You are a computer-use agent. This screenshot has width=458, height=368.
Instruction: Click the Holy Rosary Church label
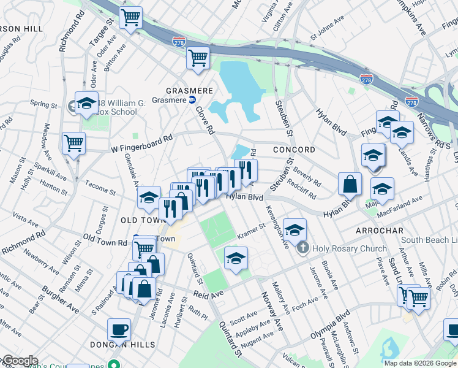pyautogui.click(x=349, y=248)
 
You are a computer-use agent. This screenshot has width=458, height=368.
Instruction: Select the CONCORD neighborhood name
pyautogui.click(x=293, y=150)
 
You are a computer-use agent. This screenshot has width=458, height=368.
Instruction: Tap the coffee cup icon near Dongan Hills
pyautogui.click(x=119, y=330)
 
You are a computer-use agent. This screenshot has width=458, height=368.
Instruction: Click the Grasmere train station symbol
pyautogui.click(x=192, y=99)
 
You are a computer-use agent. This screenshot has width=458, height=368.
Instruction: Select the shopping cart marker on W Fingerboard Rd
pyautogui.click(x=73, y=144)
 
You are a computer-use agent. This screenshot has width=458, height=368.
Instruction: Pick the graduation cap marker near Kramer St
pyautogui.click(x=236, y=258)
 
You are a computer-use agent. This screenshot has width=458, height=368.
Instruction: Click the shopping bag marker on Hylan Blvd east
pyautogui.click(x=350, y=183)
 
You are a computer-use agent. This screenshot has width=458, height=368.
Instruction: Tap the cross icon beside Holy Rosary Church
pyautogui.click(x=302, y=248)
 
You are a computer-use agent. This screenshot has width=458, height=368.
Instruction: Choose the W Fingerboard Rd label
pyautogui.click(x=142, y=145)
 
